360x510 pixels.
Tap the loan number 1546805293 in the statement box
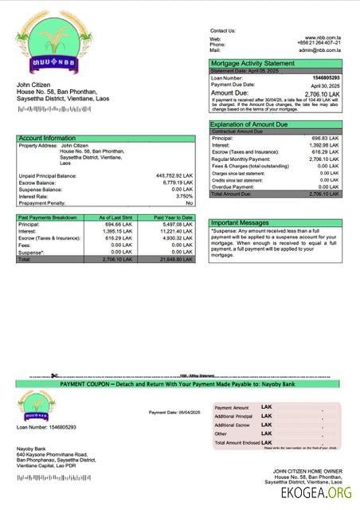[x=326, y=78]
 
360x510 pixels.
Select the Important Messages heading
[x=241, y=223]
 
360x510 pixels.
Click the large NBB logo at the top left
[x=57, y=49]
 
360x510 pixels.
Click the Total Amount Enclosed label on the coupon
[x=237, y=442]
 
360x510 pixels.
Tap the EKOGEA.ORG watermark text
[x=315, y=495]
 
